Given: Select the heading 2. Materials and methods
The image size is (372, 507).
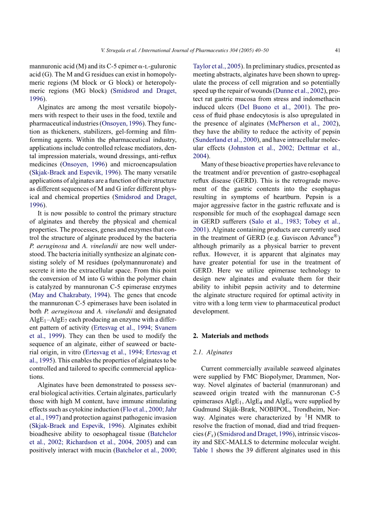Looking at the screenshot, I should point(230,336).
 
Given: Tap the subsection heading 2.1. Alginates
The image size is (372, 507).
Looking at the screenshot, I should point(210,352).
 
